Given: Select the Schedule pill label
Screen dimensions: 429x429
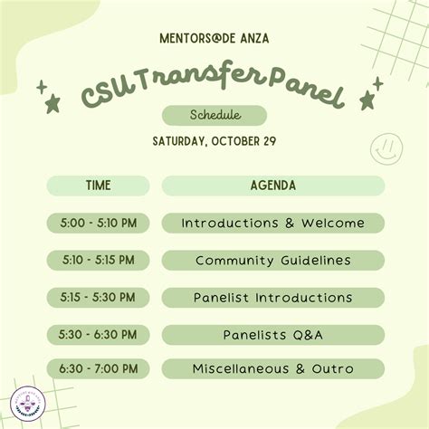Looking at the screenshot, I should (x=214, y=116).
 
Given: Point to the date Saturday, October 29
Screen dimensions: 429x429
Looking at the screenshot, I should (x=214, y=141).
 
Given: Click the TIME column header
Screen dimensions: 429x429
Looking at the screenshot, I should (x=99, y=186).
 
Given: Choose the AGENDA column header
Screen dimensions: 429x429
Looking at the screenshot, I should (x=272, y=186).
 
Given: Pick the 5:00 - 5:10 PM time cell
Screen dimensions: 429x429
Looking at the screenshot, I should (x=99, y=223).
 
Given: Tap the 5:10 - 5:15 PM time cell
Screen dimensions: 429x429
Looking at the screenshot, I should (x=99, y=260).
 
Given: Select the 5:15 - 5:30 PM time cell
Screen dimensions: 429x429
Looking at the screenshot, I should (x=99, y=297).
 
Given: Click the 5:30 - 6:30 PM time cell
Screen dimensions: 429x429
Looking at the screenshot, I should (x=99, y=334).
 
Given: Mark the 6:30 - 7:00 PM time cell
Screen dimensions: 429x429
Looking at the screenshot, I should (x=99, y=369).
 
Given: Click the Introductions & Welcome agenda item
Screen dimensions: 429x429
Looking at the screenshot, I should (x=272, y=223).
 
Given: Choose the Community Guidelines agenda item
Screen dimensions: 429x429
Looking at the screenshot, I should (x=272, y=260).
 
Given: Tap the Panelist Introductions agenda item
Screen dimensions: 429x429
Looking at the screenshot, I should (x=272, y=297).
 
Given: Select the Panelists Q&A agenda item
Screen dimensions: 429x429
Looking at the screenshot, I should (x=272, y=334).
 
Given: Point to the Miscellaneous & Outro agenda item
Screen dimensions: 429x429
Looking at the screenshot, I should (x=272, y=369).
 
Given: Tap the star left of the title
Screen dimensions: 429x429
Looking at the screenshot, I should (x=53, y=103).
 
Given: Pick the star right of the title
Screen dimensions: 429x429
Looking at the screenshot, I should (x=367, y=100).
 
